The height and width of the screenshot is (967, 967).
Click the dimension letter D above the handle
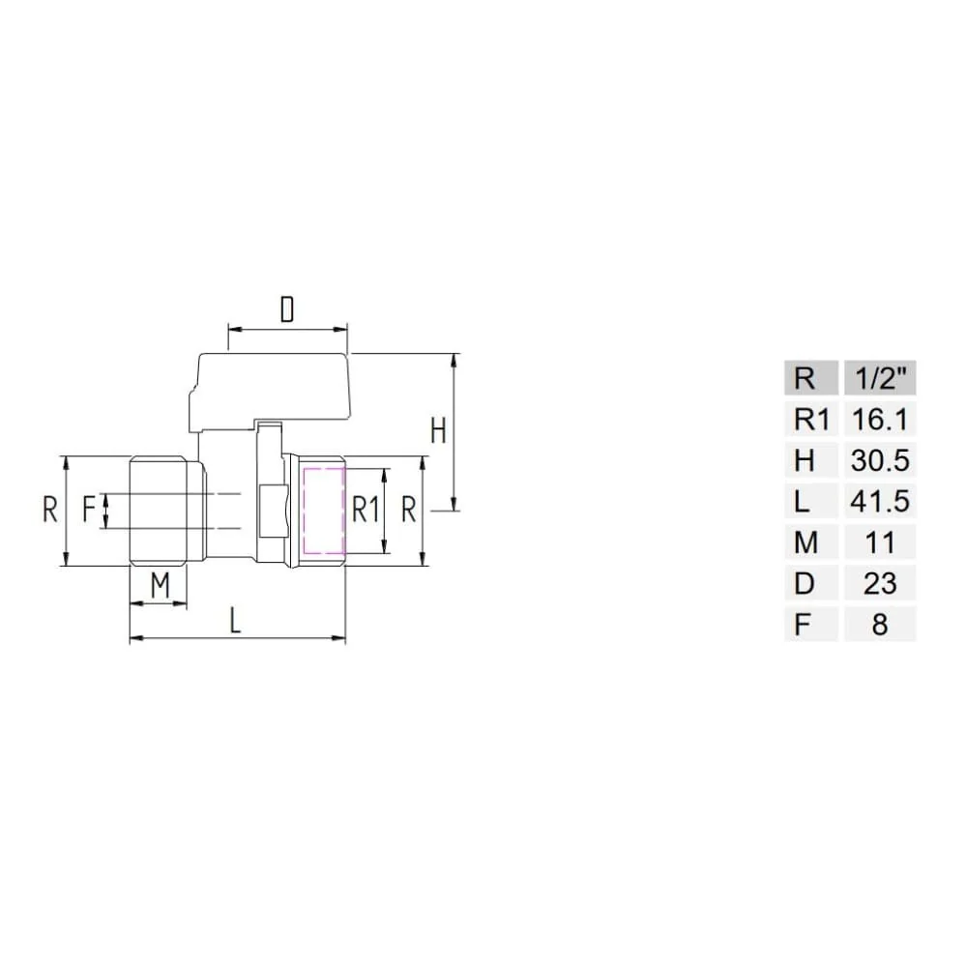pos(287,309)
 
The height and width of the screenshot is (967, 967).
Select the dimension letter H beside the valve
pos(438,430)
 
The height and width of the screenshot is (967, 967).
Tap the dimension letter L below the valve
pos(235,620)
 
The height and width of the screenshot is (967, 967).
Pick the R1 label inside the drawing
pos(365,510)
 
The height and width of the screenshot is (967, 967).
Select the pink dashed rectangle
pos(324,513)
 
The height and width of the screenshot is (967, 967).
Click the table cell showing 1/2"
pos(880,378)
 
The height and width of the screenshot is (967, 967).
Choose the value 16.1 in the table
pos(880,420)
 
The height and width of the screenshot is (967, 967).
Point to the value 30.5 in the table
pos(880,461)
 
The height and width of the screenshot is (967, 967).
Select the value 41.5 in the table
pos(880,502)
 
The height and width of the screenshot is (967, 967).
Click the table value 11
pos(880,543)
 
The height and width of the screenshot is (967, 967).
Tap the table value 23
pos(880,584)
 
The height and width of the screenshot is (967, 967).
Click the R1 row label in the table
pos(811,420)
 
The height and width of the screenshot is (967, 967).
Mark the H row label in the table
pos(805,461)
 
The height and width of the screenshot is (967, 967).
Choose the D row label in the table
pos(805,584)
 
